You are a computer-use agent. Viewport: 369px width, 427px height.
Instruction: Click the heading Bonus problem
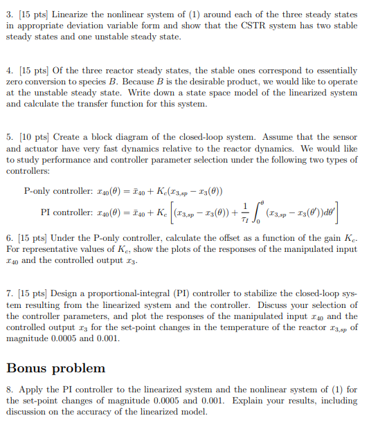[56, 367]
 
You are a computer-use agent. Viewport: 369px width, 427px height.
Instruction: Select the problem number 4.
[8, 71]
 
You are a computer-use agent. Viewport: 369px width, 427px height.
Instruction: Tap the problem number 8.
[8, 390]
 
